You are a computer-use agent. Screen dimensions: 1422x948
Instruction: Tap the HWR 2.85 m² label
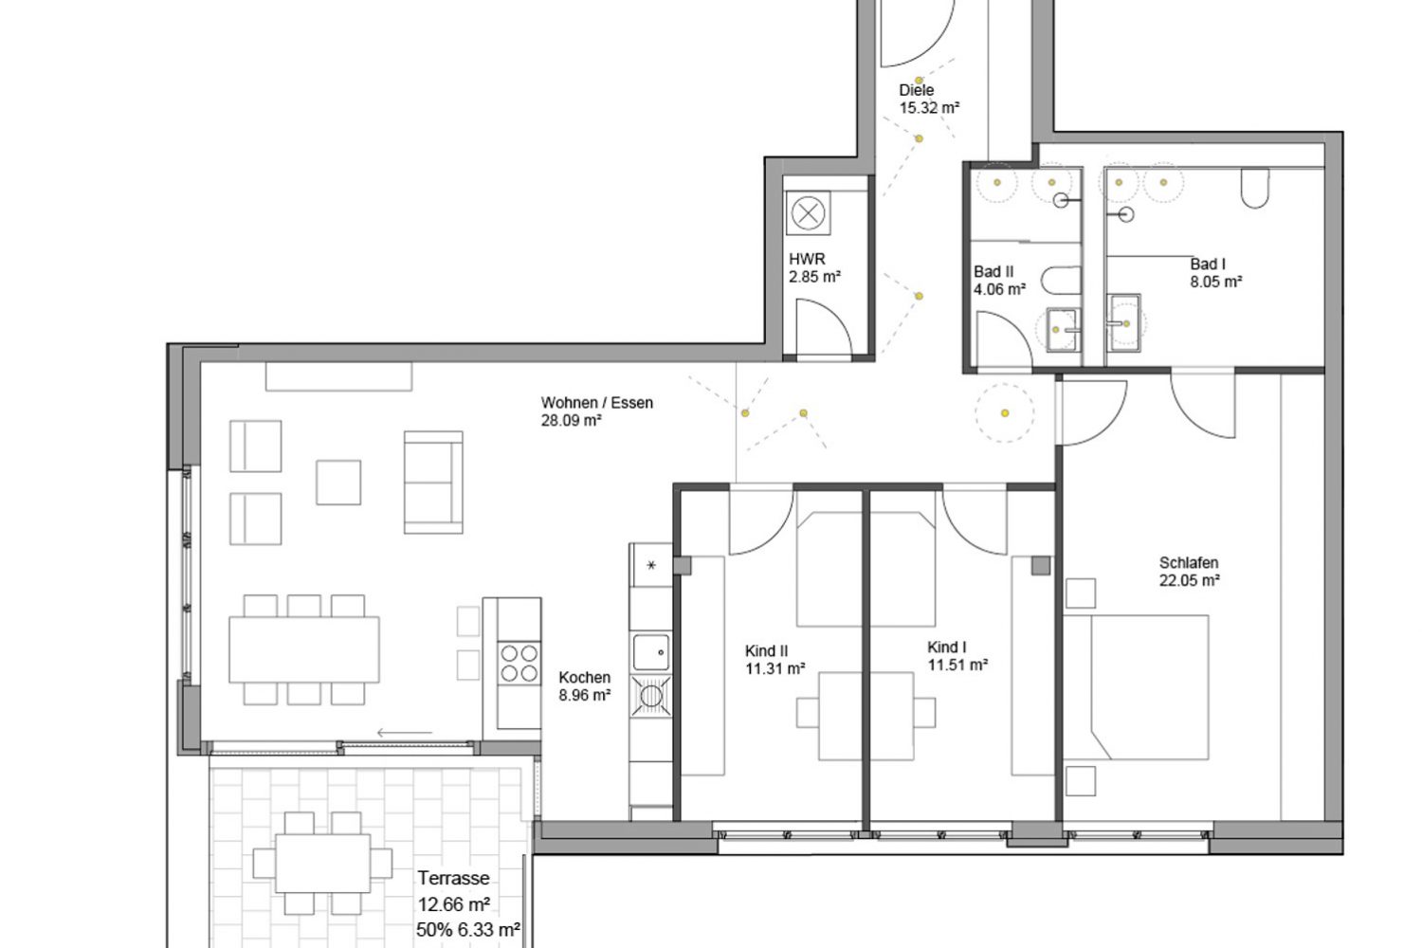coord(814,268)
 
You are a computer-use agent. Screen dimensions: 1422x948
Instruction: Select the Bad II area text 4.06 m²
coord(1000,289)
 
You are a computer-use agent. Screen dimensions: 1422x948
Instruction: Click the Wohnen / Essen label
coord(596,403)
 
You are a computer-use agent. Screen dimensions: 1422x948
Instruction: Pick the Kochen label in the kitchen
coord(585,678)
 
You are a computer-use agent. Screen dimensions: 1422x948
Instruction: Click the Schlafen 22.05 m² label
coord(1190,572)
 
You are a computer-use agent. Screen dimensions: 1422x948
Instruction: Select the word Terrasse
coord(453,878)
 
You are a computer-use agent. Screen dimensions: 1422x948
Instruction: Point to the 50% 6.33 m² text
coord(468,930)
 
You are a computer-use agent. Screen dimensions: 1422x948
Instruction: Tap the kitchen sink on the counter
coord(651,651)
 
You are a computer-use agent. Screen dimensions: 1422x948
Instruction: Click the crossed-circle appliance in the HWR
coord(808,212)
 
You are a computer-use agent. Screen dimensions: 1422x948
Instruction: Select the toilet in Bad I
coord(1255,188)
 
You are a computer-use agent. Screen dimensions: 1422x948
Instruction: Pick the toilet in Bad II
coord(1061,281)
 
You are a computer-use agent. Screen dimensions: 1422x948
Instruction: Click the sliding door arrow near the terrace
coord(405,733)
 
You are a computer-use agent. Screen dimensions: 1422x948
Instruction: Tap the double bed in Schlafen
coord(1137,687)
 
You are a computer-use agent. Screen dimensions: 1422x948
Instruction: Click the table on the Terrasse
coord(322,864)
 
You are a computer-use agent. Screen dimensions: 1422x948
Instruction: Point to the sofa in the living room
coord(433,483)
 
